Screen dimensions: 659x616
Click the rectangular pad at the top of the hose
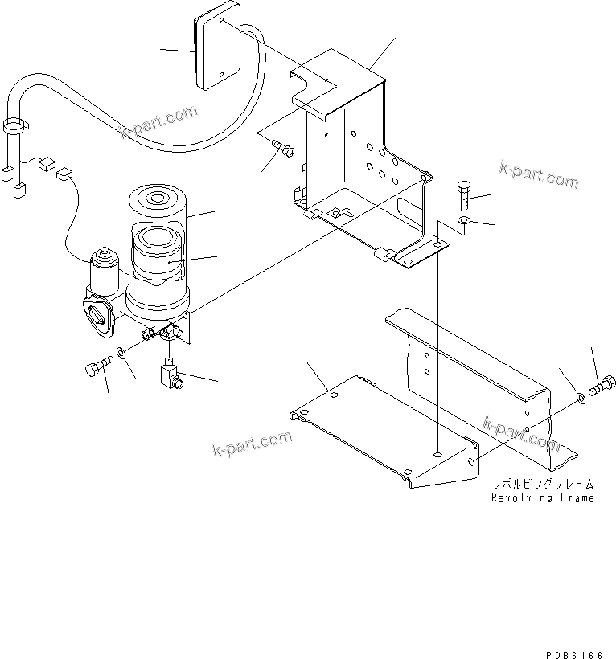[216, 51]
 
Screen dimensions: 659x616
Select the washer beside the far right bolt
[580, 395]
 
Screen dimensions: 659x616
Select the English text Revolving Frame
[543, 497]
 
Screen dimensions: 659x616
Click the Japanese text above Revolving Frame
[543, 484]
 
